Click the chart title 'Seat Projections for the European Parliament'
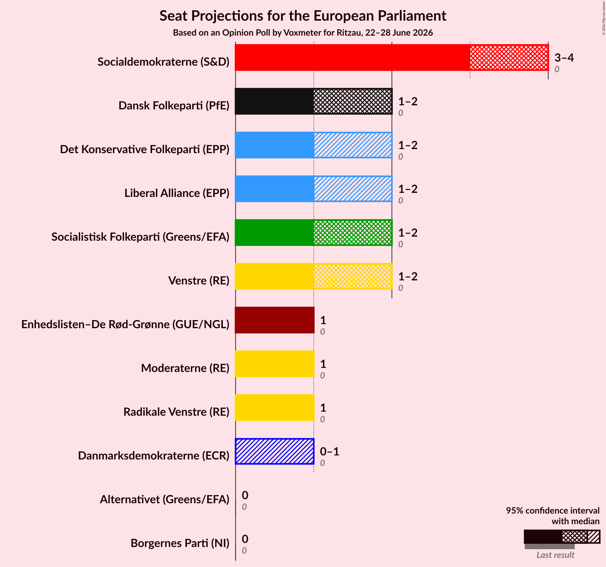click(x=303, y=16)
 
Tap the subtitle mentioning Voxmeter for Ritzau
click(x=303, y=33)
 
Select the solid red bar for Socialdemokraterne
click(x=353, y=58)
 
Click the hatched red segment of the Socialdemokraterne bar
click(x=509, y=58)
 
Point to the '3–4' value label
click(x=564, y=58)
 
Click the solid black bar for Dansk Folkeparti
click(x=274, y=101)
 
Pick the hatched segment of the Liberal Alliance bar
click(x=353, y=189)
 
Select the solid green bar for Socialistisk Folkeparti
click(x=274, y=233)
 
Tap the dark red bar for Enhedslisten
click(x=275, y=320)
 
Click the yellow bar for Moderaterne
click(x=275, y=364)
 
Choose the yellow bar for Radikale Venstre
click(x=275, y=408)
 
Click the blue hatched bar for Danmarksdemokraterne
click(x=274, y=451)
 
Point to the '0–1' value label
click(x=329, y=451)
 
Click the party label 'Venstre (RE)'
click(x=199, y=281)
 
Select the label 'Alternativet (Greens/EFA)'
click(x=165, y=499)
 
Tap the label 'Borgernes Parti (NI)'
click(x=180, y=543)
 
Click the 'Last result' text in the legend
click(x=555, y=555)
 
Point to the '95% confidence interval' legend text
click(x=553, y=510)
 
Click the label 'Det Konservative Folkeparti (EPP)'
click(x=145, y=149)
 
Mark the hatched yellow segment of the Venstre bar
click(x=353, y=276)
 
